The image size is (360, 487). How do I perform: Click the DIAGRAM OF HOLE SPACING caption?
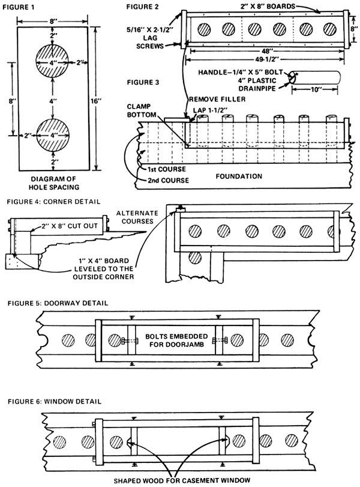[55, 182]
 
